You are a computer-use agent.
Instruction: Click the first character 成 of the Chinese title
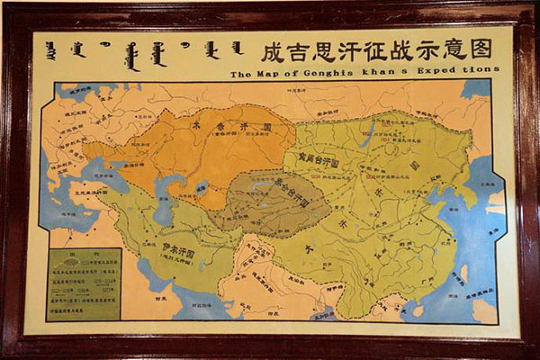tap(270, 49)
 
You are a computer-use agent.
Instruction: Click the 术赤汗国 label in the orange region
tap(227, 127)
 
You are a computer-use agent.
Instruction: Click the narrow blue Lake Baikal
tap(368, 135)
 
